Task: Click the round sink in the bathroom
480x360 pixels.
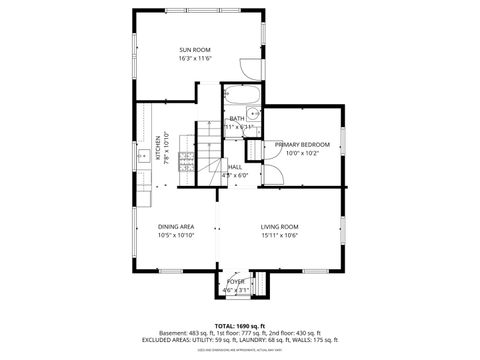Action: (254, 114)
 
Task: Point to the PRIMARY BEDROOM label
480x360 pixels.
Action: (302, 145)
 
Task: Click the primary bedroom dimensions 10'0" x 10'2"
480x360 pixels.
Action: (302, 154)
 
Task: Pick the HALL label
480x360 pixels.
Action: (234, 166)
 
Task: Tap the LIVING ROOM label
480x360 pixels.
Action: (280, 227)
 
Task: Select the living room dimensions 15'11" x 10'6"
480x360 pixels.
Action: (280, 236)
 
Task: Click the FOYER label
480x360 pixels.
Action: (235, 282)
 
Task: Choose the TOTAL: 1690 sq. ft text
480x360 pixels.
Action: (240, 326)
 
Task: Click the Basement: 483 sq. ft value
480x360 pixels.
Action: (185, 333)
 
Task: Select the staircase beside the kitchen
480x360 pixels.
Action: (206, 150)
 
